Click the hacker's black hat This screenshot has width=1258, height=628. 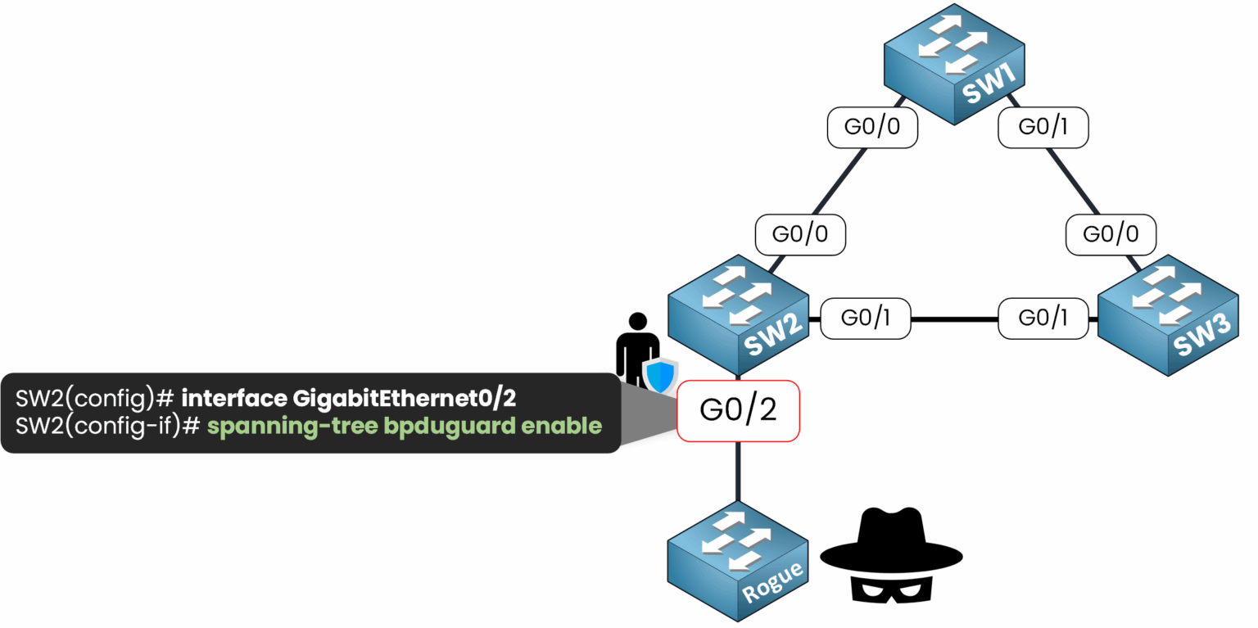pyautogui.click(x=892, y=540)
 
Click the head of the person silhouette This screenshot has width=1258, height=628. pyautogui.click(x=637, y=323)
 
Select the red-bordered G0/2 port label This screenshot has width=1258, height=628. pyautogui.click(x=738, y=411)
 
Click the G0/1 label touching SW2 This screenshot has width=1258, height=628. pyautogui.click(x=866, y=319)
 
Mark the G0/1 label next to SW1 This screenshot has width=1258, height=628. pyautogui.click(x=1043, y=127)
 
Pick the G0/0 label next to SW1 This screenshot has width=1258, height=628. pyautogui.click(x=872, y=127)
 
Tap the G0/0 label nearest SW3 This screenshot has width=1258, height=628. pyautogui.click(x=1111, y=234)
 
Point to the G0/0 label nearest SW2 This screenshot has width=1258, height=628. pyautogui.click(x=800, y=234)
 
